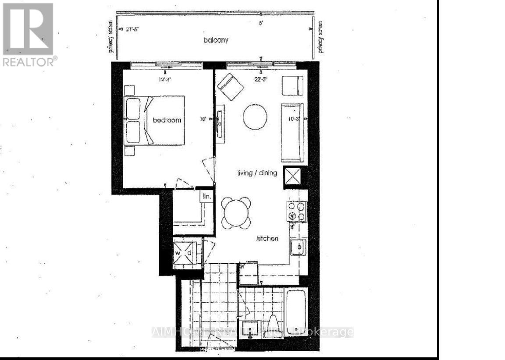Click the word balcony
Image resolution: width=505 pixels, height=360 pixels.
tap(216, 40)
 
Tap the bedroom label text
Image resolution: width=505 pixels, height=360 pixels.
tap(167, 120)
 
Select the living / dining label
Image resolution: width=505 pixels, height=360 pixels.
tap(257, 173)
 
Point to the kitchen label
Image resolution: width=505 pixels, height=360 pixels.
tap(267, 239)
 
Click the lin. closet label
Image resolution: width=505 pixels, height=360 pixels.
tap(206, 197)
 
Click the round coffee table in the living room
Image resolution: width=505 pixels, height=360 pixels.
tap(255, 116)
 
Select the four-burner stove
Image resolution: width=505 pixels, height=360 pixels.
tap(297, 211)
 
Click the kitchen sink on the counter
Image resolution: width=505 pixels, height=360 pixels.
tap(298, 247)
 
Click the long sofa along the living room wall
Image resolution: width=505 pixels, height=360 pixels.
tap(292, 133)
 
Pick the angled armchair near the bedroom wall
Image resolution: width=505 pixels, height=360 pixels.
tap(231, 86)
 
